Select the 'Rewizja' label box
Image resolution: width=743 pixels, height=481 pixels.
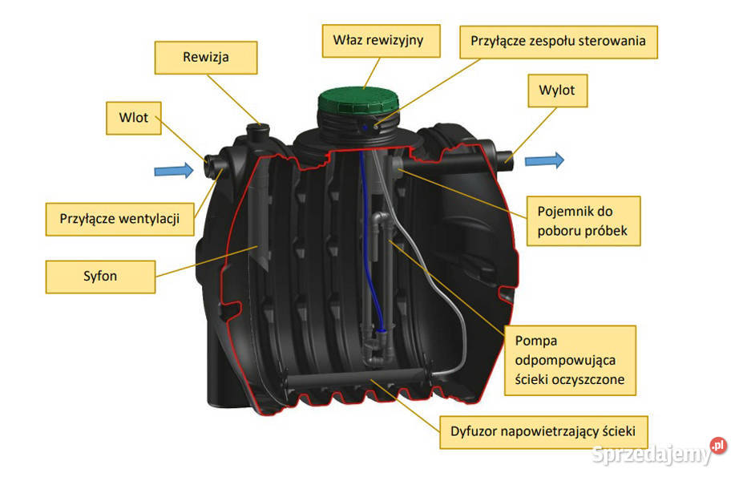tap(207, 57)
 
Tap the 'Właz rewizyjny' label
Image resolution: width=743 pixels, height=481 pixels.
tap(383, 38)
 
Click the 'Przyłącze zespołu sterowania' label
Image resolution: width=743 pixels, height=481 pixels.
tap(559, 38)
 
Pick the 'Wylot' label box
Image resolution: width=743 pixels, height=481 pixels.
tap(557, 91)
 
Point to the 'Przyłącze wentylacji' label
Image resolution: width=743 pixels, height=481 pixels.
tap(118, 217)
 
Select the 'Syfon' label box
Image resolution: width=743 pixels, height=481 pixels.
tap(100, 276)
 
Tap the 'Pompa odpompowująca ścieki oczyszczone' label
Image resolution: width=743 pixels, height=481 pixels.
tap(570, 360)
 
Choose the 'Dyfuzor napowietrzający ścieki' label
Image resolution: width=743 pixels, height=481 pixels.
tap(543, 431)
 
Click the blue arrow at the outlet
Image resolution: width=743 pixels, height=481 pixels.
tap(544, 160)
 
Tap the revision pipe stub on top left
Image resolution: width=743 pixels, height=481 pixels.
tap(258, 130)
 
